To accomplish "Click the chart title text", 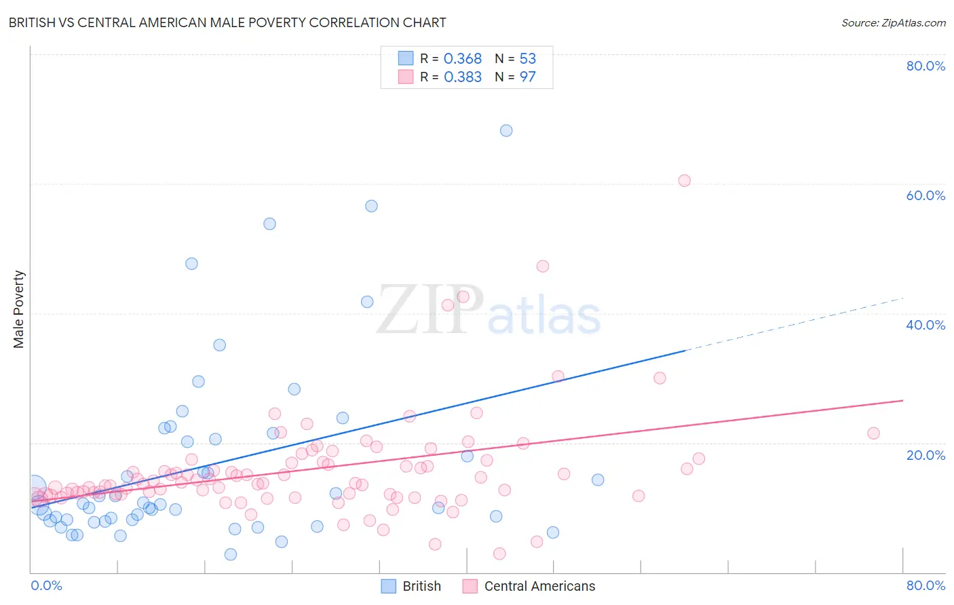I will [x=227, y=22].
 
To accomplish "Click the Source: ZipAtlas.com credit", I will [x=893, y=22].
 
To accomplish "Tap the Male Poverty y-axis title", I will [x=19, y=309].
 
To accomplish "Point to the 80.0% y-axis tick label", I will [x=926, y=66].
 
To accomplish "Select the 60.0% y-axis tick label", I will [x=926, y=195].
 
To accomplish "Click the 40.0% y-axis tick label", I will [x=926, y=325].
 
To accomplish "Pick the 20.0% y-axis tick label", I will [x=926, y=455].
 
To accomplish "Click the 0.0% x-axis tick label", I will [x=46, y=585].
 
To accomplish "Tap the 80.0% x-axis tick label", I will [x=926, y=585].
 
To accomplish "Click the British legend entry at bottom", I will [x=411, y=586].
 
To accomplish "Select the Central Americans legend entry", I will [x=529, y=586].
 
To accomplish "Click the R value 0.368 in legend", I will [x=462, y=59].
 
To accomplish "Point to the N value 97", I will [x=527, y=77].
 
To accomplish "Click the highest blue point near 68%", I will [x=506, y=130].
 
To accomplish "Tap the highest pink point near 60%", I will [x=684, y=180].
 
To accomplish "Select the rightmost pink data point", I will [x=873, y=433].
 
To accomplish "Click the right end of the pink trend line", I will [x=902, y=401].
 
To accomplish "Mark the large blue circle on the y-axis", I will [x=33, y=488].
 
